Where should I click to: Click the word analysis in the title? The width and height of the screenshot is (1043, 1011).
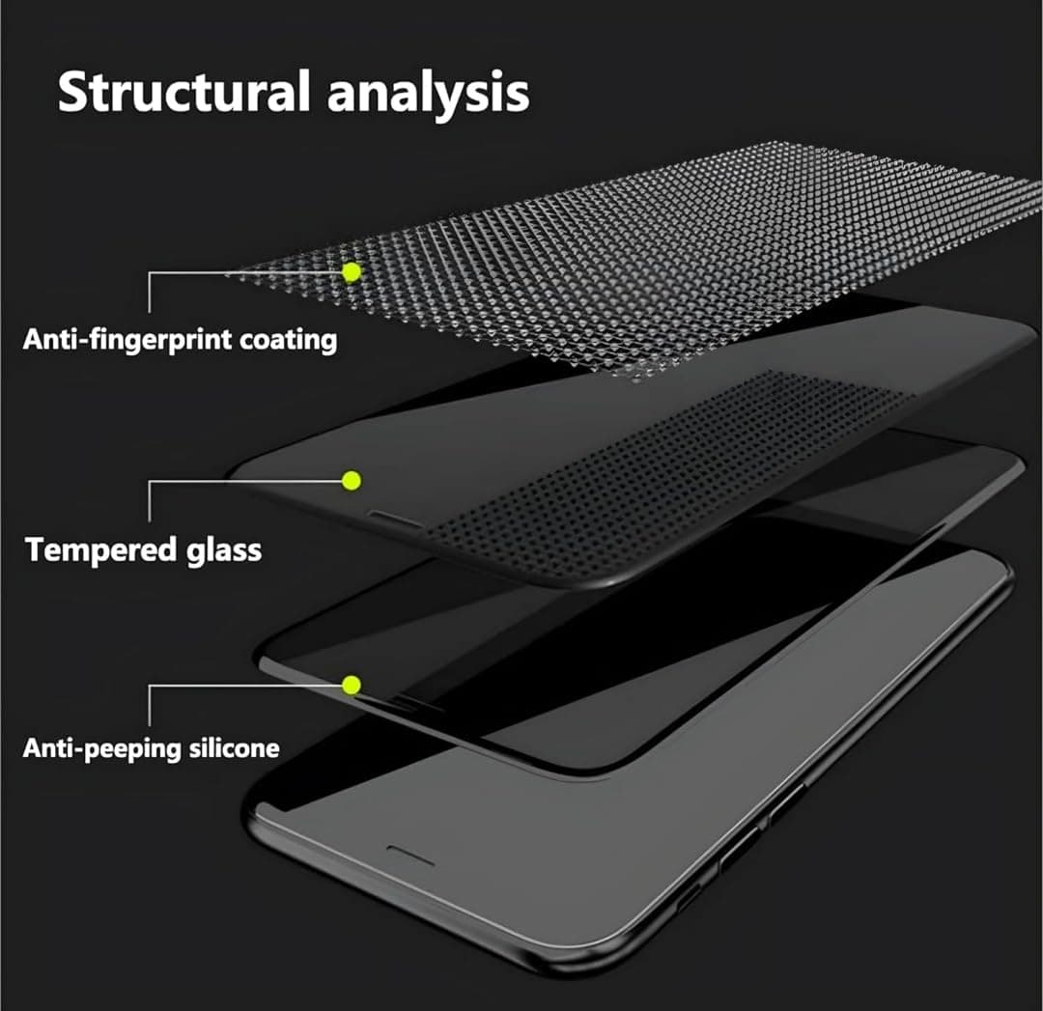tap(429, 95)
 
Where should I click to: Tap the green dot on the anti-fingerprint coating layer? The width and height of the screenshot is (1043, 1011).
tap(352, 272)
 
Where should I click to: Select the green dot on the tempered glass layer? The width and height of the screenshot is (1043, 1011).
tap(352, 480)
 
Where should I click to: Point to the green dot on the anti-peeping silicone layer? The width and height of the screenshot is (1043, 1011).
tap(352, 685)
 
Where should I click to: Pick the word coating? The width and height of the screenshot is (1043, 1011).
tap(288, 341)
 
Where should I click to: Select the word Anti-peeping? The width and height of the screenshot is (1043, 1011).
tap(102, 749)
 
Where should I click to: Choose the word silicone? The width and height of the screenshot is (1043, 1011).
tap(234, 747)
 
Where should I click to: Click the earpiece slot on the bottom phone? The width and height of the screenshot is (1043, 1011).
tap(410, 857)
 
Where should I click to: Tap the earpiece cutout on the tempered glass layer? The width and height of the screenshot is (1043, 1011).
tap(394, 520)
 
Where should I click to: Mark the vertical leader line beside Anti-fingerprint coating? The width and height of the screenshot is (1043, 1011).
tap(149, 292)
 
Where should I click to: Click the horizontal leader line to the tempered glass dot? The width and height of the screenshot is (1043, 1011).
tap(245, 481)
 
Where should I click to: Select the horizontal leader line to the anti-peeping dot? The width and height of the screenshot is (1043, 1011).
tap(245, 685)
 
